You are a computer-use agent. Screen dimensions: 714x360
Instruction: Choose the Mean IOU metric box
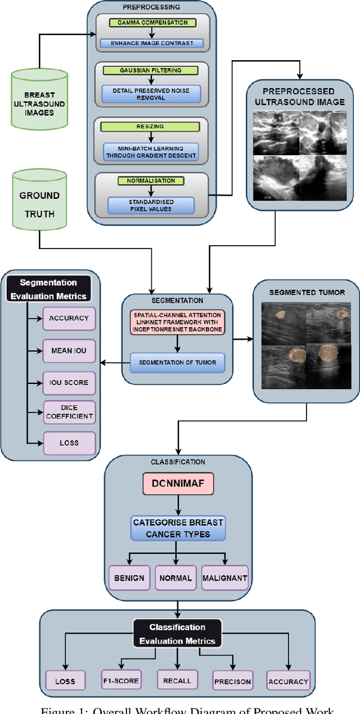[70, 350]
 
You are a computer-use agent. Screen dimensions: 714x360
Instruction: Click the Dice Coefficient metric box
[70, 412]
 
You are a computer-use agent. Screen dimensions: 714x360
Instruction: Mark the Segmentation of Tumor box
[178, 363]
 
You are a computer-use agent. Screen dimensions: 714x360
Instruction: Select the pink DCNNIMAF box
[178, 482]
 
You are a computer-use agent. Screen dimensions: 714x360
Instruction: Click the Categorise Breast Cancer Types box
[178, 527]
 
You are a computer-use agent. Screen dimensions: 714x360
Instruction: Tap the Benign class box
[130, 577]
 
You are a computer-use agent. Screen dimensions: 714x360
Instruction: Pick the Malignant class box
[225, 577]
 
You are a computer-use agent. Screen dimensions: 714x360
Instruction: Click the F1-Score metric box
[120, 680]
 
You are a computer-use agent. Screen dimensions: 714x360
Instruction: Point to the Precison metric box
[232, 681]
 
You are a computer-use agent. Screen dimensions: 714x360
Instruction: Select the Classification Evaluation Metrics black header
[177, 634]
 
